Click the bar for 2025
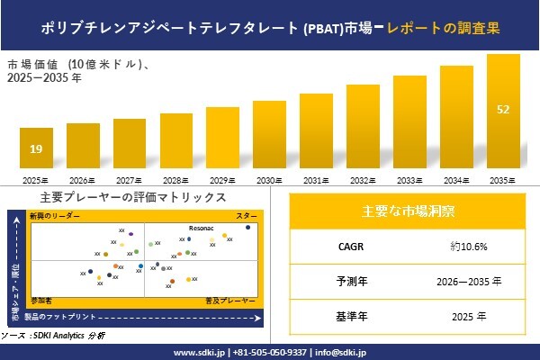click(36, 148)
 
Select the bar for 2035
click(503, 113)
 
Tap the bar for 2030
click(269, 136)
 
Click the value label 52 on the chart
click(503, 110)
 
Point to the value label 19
click(36, 149)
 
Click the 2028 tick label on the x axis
click(175, 180)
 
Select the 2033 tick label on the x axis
click(409, 180)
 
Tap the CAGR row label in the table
click(347, 246)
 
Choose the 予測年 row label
click(347, 281)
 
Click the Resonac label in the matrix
click(202, 229)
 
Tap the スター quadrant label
click(247, 217)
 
